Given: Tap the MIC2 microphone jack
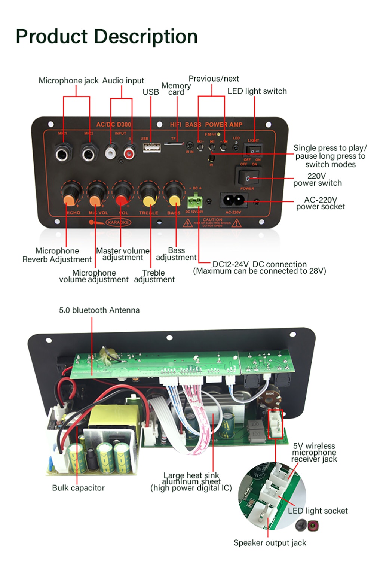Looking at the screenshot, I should [89, 153].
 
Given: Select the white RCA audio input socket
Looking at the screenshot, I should [111, 152].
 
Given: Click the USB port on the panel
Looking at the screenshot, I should [152, 148].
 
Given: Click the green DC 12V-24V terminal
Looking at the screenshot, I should [194, 201].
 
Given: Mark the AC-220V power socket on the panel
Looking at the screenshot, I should [234, 201].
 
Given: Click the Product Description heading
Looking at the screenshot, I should [107, 37].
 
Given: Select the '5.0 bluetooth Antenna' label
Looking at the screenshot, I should [99, 310].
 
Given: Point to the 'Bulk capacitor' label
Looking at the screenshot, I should [78, 488].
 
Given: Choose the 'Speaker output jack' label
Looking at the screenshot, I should [270, 543].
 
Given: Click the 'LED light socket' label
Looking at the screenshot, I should [318, 511].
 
